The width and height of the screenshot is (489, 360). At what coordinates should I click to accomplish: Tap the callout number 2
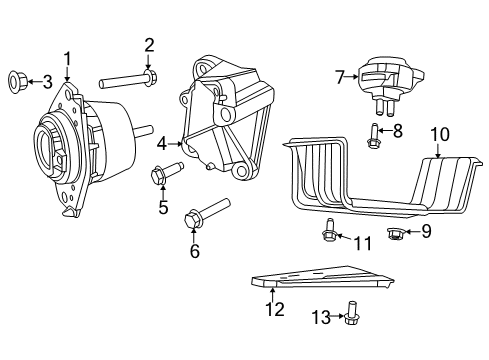click(149, 44)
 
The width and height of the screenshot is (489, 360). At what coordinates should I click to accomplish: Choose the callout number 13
click(320, 317)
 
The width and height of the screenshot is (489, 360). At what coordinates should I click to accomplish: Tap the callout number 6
click(194, 251)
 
